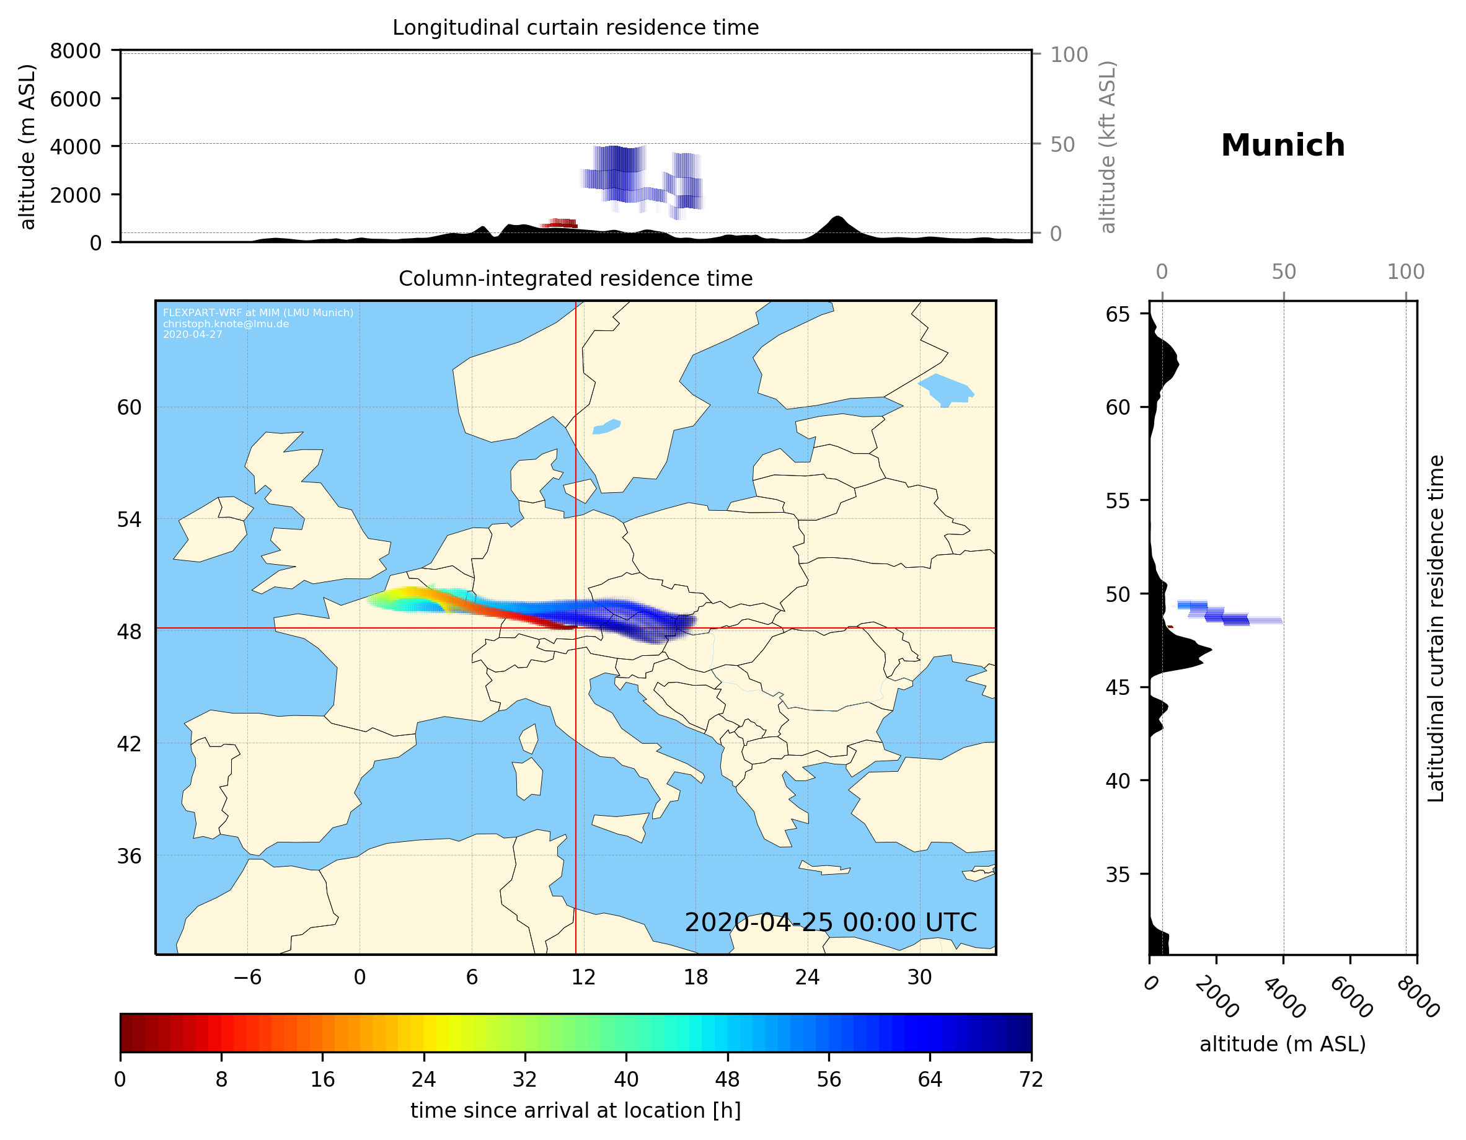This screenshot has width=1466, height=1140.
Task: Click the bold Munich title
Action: [x=1282, y=146]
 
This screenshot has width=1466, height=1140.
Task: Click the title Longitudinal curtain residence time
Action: [x=575, y=27]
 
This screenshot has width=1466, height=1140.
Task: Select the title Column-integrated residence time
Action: [x=575, y=278]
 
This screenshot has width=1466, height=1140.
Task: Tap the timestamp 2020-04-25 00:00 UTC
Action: [x=831, y=922]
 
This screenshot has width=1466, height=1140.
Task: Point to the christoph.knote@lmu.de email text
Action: [x=226, y=324]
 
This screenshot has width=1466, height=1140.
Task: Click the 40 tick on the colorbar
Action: [x=625, y=1080]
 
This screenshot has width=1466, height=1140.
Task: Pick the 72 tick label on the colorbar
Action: [x=1030, y=1080]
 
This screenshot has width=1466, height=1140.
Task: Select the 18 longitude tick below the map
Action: [x=695, y=977]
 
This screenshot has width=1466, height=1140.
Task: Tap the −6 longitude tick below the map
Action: [x=247, y=977]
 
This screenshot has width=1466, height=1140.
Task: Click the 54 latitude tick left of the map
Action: [x=129, y=519]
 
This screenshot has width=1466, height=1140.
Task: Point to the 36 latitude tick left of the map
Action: [x=129, y=856]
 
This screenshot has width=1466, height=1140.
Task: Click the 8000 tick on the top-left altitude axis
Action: [x=75, y=51]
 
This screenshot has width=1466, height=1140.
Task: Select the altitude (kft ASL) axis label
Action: [x=1108, y=147]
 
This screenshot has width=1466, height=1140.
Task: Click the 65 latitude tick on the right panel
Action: [x=1118, y=314]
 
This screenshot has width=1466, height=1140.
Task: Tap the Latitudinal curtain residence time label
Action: [x=1435, y=628]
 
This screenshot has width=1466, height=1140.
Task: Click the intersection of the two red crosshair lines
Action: [x=575, y=629]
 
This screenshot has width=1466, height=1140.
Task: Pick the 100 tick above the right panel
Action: [x=1406, y=272]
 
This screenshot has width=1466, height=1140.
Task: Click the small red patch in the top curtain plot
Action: [x=561, y=223]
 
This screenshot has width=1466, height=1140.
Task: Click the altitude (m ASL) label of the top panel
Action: [x=27, y=147]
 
